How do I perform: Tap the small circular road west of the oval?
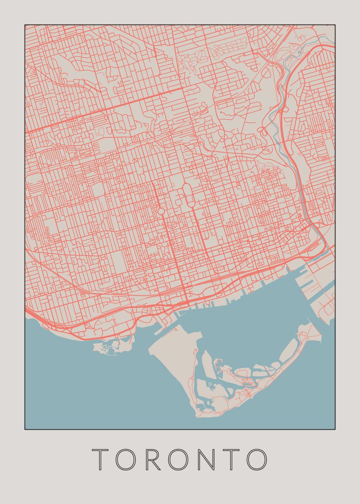tap(161, 211)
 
